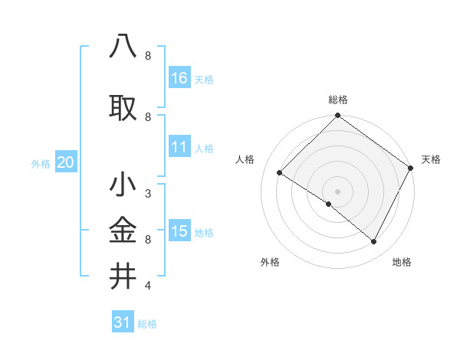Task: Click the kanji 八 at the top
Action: coord(123,46)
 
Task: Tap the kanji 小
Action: coord(123,185)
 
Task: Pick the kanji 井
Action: coord(123,276)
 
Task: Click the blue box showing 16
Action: coord(179,78)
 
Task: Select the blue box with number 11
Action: coord(179,147)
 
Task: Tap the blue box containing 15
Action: coord(179,231)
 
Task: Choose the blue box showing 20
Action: coord(66,162)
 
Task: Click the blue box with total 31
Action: coord(123,322)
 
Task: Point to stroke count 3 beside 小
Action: coord(147,194)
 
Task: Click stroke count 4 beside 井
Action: coord(147,286)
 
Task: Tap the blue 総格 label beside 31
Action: coord(147,324)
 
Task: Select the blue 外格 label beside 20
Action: coord(41,163)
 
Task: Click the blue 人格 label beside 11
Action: coord(204,148)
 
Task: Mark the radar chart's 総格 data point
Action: coord(337,116)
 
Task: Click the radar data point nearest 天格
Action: coord(411,168)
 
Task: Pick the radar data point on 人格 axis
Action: coord(280,173)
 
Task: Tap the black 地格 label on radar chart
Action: coord(402,262)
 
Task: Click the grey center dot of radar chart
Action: coord(337,191)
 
